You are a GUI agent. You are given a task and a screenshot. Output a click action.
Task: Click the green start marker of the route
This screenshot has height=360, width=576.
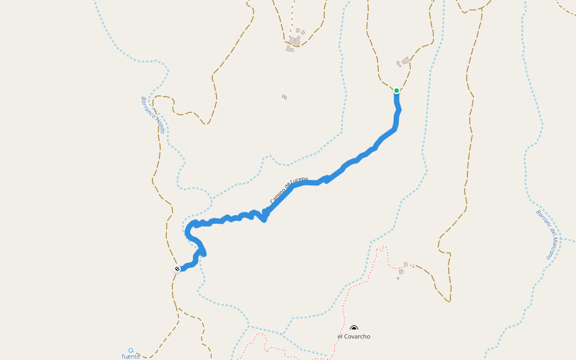[x=397, y=91]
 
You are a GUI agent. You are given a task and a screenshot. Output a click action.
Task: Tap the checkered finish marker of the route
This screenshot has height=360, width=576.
[x=177, y=269]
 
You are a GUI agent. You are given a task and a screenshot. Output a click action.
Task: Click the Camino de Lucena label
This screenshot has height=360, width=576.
[x=289, y=191]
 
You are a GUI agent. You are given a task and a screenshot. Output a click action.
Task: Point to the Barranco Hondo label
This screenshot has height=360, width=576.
[x=152, y=115]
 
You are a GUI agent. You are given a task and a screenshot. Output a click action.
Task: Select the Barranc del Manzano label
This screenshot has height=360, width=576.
[x=547, y=234]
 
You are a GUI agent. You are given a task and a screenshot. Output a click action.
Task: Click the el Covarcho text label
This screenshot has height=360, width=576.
[x=354, y=337]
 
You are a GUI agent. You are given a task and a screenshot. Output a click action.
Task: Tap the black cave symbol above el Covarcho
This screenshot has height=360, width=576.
[x=354, y=328]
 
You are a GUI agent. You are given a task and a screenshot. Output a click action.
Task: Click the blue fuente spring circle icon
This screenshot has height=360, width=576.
[x=131, y=350]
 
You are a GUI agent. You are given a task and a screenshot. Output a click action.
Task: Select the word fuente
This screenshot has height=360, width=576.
[x=131, y=356]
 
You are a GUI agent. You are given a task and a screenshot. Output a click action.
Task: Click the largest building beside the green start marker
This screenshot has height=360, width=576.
[x=406, y=60]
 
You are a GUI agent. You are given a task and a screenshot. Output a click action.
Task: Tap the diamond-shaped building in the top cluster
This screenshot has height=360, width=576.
[x=303, y=32]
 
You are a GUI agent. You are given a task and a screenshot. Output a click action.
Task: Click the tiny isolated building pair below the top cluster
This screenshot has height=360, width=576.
[x=284, y=97]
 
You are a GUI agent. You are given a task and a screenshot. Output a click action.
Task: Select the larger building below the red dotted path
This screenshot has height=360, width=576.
[x=401, y=272]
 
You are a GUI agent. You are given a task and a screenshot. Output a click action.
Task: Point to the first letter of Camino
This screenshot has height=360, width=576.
[x=272, y=202]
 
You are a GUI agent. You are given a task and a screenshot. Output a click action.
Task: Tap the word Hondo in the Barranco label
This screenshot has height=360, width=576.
[x=160, y=125]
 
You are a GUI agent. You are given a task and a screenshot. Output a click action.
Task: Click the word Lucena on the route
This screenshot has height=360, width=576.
[x=299, y=181]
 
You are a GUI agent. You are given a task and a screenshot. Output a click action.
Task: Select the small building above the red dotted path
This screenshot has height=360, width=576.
[x=406, y=264]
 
